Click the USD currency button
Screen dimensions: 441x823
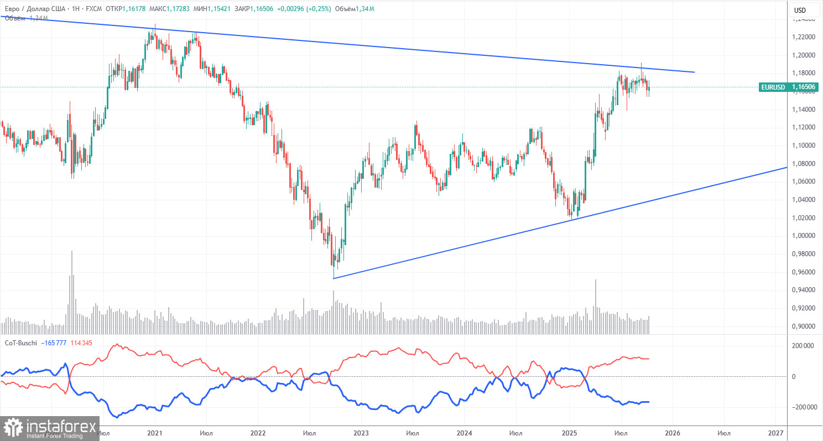click(800, 10)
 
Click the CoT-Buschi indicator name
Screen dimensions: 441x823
click(21, 343)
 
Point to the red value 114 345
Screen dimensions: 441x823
click(81, 343)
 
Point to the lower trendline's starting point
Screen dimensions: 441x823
click(334, 278)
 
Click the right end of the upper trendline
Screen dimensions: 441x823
click(694, 72)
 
